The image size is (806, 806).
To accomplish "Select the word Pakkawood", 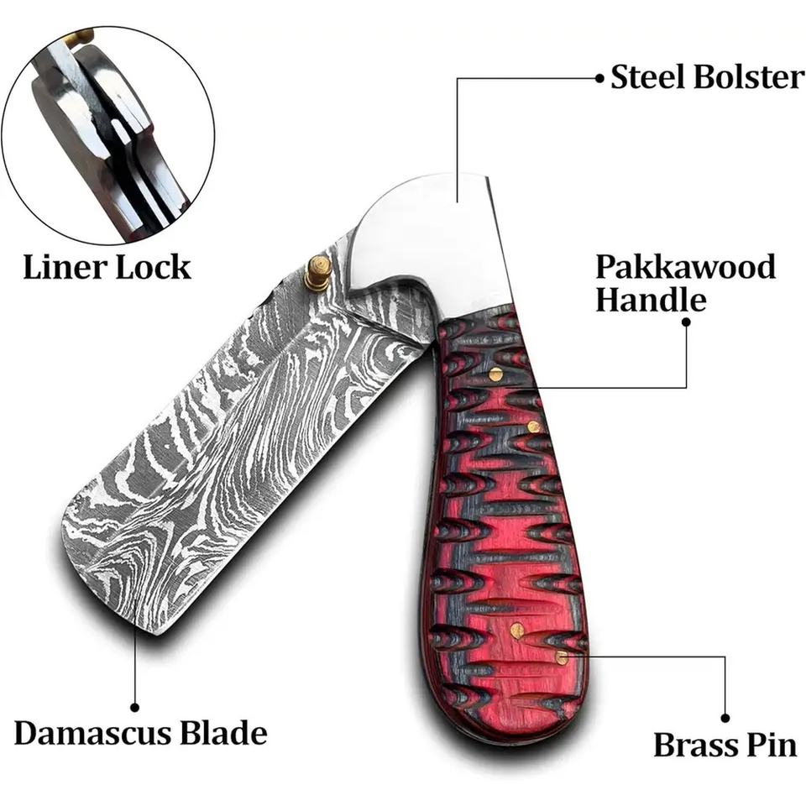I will pyautogui.click(x=685, y=267).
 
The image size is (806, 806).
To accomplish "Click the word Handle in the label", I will pyautogui.click(x=651, y=300).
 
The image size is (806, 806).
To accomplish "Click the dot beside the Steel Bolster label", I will pyautogui.click(x=599, y=77).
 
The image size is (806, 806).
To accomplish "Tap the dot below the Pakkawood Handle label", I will pyautogui.click(x=686, y=322).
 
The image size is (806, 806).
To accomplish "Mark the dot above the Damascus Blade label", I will pyautogui.click(x=134, y=708).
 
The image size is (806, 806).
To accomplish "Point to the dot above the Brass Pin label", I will pyautogui.click(x=725, y=718).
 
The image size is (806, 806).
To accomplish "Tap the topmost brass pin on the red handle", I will pyautogui.click(x=495, y=374).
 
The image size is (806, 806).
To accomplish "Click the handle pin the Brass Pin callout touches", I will pyautogui.click(x=561, y=657).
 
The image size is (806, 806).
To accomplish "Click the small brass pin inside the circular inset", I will pyautogui.click(x=81, y=37).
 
